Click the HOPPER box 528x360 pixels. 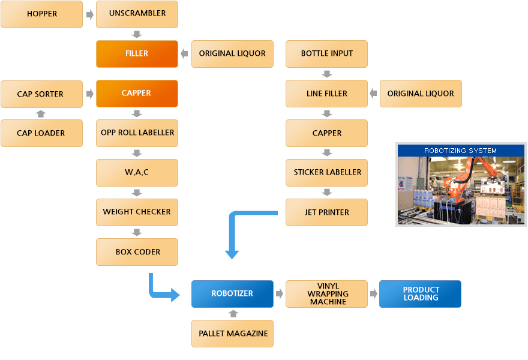click(x=41, y=14)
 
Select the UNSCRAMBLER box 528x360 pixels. click(x=137, y=14)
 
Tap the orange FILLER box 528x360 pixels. click(x=137, y=53)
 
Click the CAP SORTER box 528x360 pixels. click(x=41, y=94)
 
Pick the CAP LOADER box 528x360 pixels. click(x=41, y=133)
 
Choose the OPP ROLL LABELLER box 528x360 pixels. click(x=137, y=133)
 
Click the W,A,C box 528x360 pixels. click(x=137, y=172)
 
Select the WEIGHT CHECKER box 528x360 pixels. click(x=137, y=212)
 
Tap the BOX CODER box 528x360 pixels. click(x=137, y=252)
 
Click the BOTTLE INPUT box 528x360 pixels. click(x=327, y=53)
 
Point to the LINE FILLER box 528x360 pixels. click(x=327, y=94)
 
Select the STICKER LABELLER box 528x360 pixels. click(x=327, y=172)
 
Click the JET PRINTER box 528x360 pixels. click(x=327, y=212)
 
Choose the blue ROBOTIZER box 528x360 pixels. click(x=232, y=294)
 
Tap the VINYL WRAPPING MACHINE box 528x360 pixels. click(x=327, y=294)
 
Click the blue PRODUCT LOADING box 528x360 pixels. click(x=421, y=294)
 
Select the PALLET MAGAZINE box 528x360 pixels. click(x=232, y=333)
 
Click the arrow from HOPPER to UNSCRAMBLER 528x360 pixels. click(x=89, y=14)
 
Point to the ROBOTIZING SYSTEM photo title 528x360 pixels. click(x=461, y=151)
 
